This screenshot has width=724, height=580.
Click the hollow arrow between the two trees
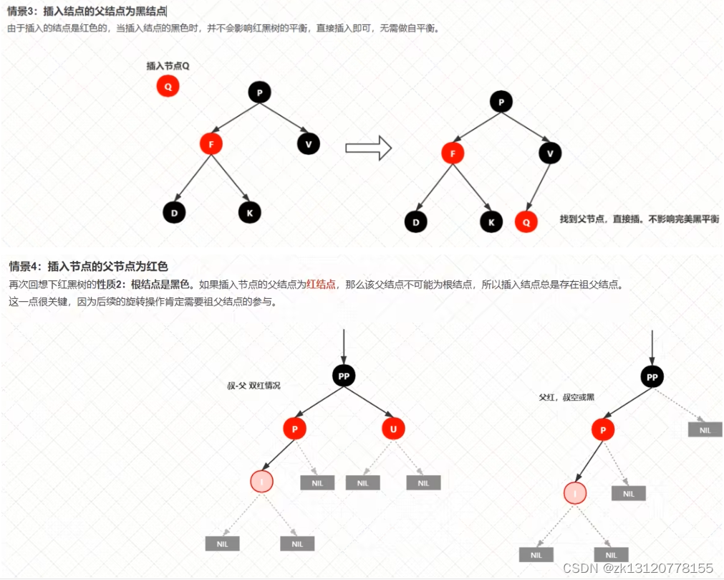(x=368, y=148)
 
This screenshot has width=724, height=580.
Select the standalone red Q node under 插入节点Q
(x=168, y=87)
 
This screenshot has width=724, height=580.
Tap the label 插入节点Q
(x=168, y=66)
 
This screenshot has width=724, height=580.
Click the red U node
(x=393, y=429)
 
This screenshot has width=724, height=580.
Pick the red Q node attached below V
(x=526, y=222)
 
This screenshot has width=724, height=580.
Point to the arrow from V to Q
(x=538, y=188)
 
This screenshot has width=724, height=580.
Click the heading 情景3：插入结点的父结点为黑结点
(x=86, y=11)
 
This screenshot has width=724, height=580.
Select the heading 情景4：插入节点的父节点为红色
(x=87, y=267)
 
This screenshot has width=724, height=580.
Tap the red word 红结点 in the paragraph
(x=321, y=285)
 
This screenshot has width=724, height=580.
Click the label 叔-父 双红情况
(x=254, y=386)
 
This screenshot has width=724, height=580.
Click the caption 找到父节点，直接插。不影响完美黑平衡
(x=639, y=219)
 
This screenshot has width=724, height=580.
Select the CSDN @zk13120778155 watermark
(x=638, y=568)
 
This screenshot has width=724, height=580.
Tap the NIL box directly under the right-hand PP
(x=705, y=429)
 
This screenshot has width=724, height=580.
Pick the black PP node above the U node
(x=344, y=375)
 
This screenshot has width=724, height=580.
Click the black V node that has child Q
(x=550, y=153)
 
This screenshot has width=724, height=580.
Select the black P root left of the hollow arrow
(x=259, y=92)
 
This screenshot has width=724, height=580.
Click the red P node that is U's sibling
(x=294, y=429)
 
